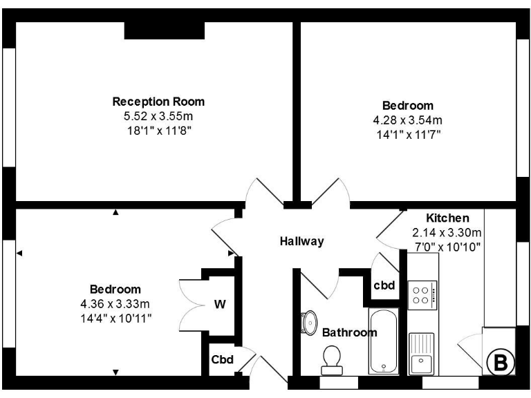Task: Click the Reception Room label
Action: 158,102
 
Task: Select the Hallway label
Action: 301,241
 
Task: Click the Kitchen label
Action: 447,218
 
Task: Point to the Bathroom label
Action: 350,332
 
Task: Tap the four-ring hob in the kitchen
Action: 422,295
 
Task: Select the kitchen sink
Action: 421,352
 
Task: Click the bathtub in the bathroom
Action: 384,342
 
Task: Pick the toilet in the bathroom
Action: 332,358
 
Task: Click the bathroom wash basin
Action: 306,323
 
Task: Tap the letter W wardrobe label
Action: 219,304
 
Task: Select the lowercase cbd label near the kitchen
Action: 384,285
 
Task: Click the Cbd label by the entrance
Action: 223,359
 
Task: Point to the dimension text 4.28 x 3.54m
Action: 408,120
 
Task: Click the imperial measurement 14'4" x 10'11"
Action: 115,317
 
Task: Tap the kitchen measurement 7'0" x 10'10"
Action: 447,246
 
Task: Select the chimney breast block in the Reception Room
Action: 165,30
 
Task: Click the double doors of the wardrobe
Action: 188,304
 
